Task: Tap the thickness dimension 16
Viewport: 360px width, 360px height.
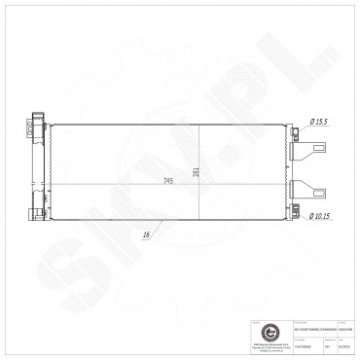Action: (145, 234)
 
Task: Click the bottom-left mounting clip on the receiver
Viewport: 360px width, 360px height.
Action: (33, 211)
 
